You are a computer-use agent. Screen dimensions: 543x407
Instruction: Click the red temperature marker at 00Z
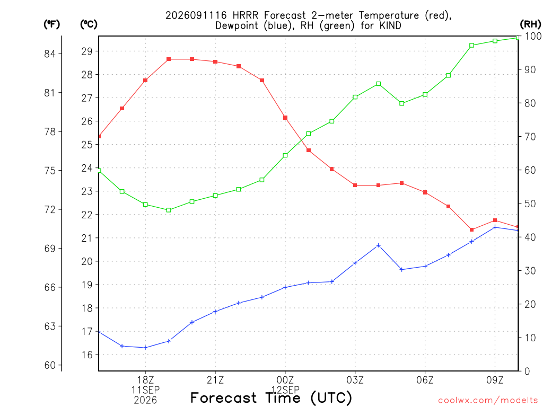pyautogui.click(x=285, y=118)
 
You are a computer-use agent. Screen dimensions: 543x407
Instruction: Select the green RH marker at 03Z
pyautogui.click(x=355, y=98)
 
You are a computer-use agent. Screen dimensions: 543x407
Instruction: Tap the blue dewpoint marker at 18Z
pyautogui.click(x=145, y=348)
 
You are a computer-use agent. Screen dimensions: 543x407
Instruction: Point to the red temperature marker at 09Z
pyautogui.click(x=495, y=220)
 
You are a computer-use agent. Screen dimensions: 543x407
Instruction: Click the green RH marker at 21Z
pyautogui.click(x=215, y=196)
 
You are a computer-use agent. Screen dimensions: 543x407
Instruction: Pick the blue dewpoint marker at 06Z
pyautogui.click(x=425, y=266)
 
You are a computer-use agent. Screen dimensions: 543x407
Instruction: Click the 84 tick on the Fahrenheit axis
pyautogui.click(x=50, y=54)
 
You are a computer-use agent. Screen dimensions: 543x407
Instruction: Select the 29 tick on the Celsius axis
pyautogui.click(x=87, y=51)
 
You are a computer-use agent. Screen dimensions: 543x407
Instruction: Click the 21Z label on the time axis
pyautogui.click(x=215, y=380)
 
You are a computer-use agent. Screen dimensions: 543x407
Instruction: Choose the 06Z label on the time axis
pyautogui.click(x=425, y=380)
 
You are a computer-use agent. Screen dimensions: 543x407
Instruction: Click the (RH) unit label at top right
pyautogui.click(x=530, y=24)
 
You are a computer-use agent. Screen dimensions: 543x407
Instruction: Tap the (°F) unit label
pyautogui.click(x=52, y=24)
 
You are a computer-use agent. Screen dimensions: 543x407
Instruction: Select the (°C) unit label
pyautogui.click(x=89, y=24)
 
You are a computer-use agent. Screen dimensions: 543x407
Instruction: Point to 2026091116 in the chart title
pyautogui.click(x=196, y=15)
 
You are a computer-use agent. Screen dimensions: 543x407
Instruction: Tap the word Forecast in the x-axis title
pyautogui.click(x=224, y=397)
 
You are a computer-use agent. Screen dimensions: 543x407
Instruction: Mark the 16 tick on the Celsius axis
pyautogui.click(x=87, y=355)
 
